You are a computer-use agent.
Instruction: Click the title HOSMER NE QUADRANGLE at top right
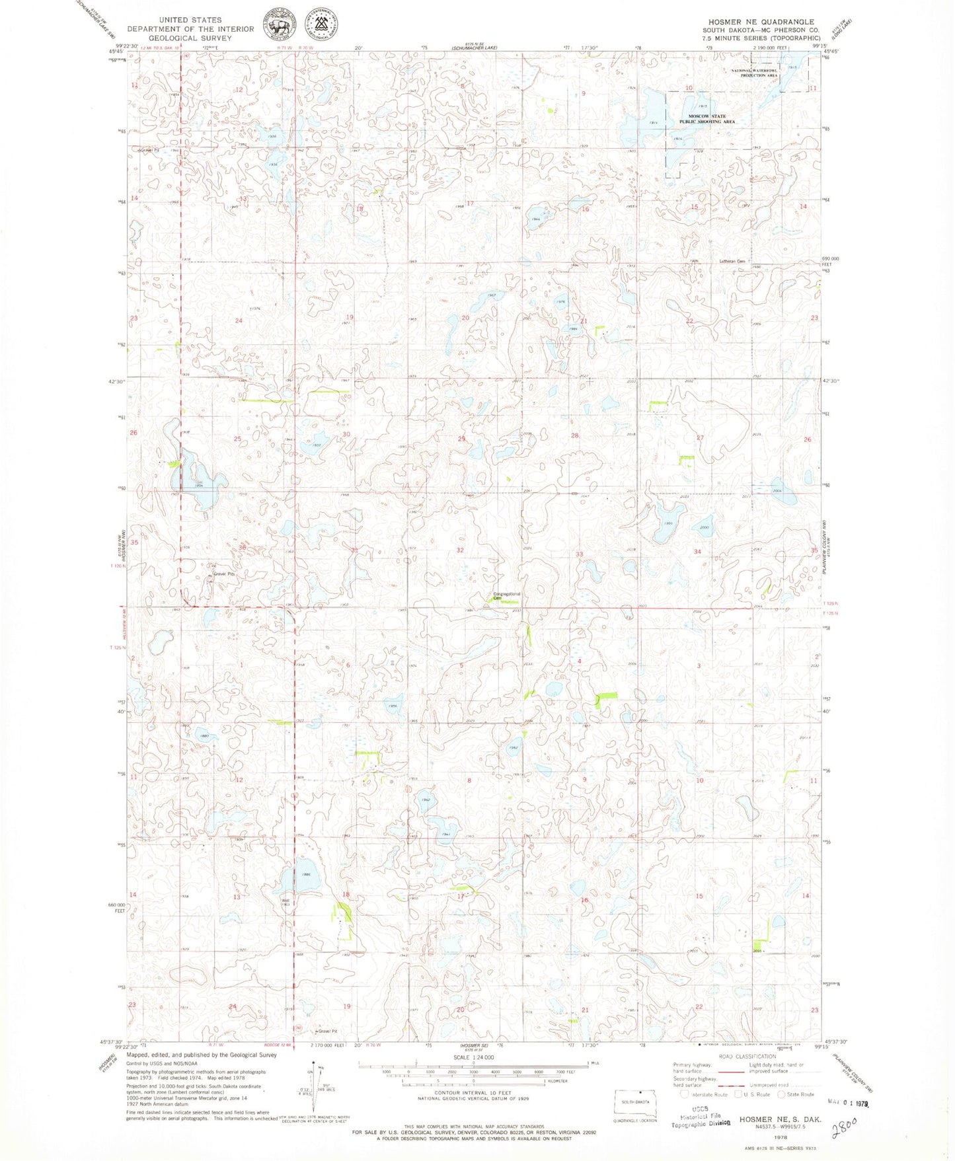click(761, 22)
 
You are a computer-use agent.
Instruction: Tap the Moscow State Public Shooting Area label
click(707, 119)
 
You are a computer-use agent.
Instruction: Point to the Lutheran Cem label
click(732, 261)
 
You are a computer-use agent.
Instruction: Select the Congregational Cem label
click(507, 596)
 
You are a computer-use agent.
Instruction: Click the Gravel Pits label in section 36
click(223, 574)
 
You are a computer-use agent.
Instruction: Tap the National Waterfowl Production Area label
click(755, 72)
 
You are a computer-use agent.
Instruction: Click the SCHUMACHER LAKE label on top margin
click(474, 48)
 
